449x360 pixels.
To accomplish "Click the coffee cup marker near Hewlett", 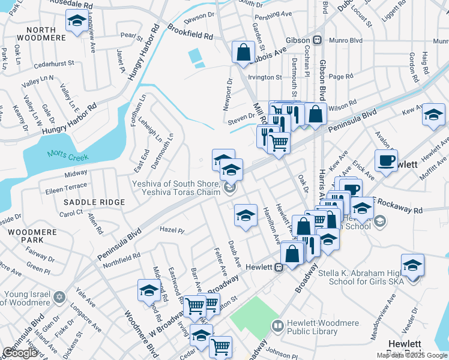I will click(x=386, y=160).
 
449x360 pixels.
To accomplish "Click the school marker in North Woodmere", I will click(x=77, y=22).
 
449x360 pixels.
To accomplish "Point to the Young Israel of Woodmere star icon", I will click(x=59, y=297).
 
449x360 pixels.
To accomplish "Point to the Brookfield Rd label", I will click(x=191, y=32).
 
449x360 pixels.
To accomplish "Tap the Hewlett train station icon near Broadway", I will click(x=279, y=268).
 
